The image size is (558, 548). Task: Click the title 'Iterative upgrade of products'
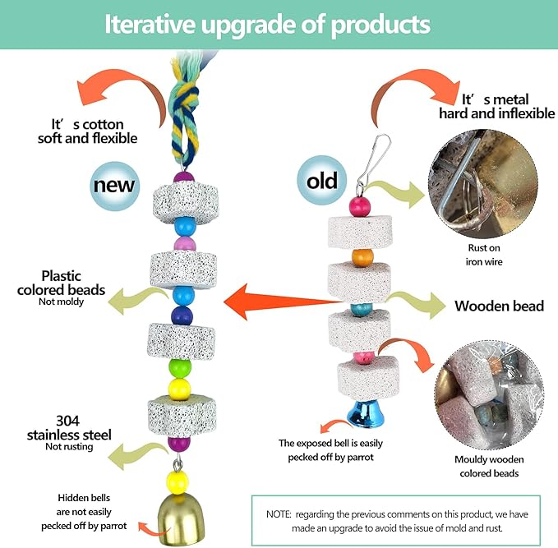click(267, 25)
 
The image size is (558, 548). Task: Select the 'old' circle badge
click(321, 180)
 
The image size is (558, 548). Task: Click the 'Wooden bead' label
click(499, 306)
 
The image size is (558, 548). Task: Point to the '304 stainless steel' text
click(69, 427)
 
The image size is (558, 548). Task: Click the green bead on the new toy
click(180, 367)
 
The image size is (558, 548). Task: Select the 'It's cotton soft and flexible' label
click(87, 131)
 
